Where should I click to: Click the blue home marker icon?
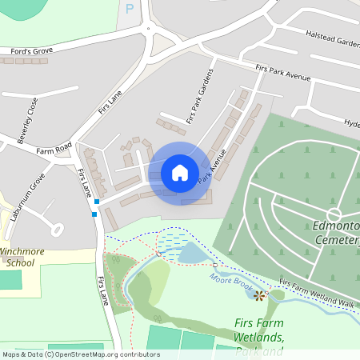coord(180,173)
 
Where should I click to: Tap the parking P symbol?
coord(130,9)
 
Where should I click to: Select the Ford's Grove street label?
coord(32,50)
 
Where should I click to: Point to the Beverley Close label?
coord(27,119)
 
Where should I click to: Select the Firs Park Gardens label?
coord(200,96)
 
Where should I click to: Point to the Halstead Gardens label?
coord(332,38)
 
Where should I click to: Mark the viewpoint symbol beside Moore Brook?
coord(259,296)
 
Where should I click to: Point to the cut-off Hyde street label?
coord(351,124)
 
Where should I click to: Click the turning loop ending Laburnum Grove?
coord(57,230)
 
